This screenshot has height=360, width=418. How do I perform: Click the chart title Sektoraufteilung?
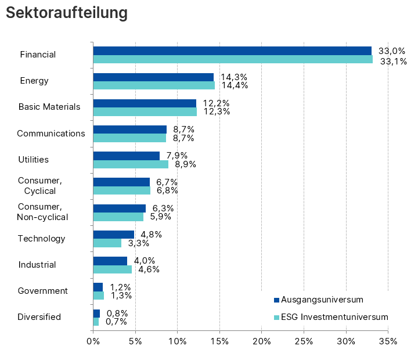click(67, 13)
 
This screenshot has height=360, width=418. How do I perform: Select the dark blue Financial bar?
click(232, 51)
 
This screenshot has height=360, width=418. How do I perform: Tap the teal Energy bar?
click(154, 85)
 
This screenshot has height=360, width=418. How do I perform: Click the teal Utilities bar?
click(131, 164)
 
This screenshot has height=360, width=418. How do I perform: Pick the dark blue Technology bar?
click(114, 235)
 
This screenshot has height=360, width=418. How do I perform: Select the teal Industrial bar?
click(113, 269)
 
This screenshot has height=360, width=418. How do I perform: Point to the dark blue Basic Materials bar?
click(145, 103)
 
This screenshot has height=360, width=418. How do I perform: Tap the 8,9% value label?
click(185, 164)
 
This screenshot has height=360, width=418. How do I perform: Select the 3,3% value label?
click(138, 243)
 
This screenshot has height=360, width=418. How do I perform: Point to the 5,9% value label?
click(160, 217)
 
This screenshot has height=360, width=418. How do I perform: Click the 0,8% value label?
click(117, 314)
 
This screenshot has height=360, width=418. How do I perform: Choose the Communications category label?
click(51, 134)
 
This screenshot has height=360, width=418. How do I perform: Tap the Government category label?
click(43, 291)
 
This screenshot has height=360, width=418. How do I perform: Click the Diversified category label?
click(39, 317)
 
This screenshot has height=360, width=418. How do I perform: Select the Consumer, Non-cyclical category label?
click(43, 212)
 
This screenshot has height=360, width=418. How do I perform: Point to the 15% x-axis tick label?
click(219, 341)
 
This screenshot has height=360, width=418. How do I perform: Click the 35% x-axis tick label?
click(388, 341)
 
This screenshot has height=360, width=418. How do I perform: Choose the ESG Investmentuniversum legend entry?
click(330, 317)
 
